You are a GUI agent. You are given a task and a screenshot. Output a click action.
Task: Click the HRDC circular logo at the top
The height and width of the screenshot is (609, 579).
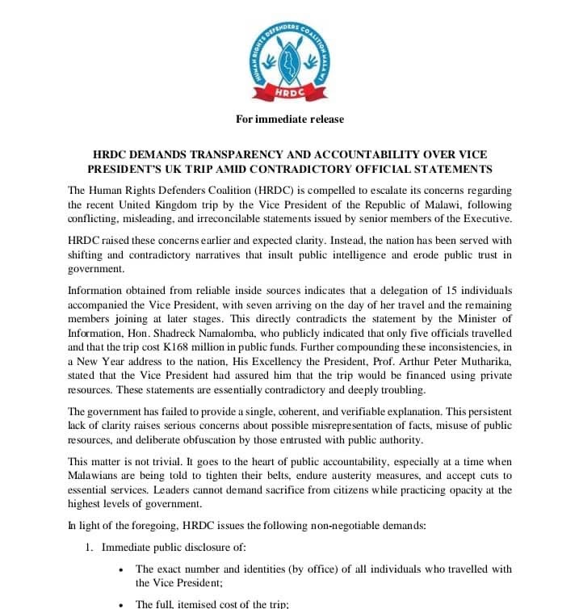click(290, 56)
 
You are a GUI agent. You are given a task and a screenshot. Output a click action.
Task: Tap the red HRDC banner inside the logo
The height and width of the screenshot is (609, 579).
click(290, 91)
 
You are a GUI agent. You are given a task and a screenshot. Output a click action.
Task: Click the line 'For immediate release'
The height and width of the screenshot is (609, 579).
click(289, 119)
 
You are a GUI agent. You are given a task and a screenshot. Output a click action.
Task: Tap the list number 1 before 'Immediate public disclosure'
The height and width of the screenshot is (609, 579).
click(90, 548)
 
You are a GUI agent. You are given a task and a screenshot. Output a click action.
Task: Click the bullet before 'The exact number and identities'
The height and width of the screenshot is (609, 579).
click(120, 569)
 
